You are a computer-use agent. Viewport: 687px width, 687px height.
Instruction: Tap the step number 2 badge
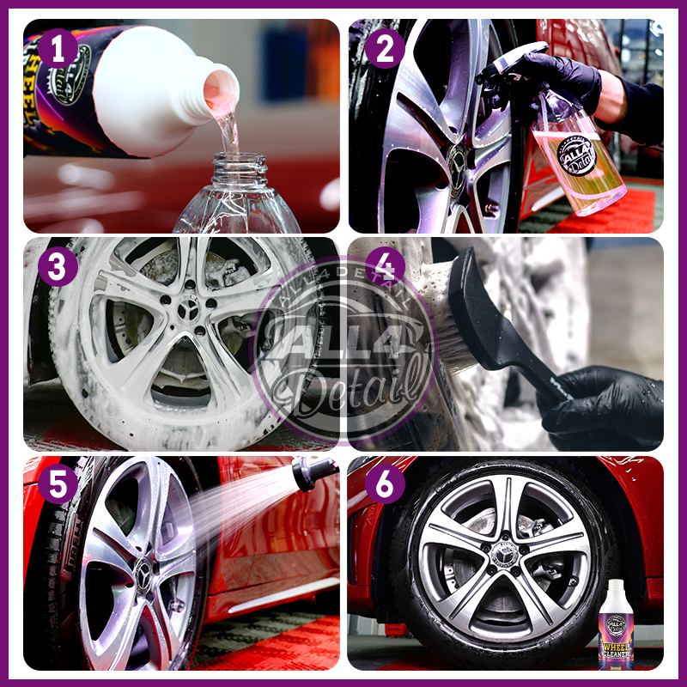click(x=385, y=49)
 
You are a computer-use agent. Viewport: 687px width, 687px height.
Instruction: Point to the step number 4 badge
click(x=385, y=267)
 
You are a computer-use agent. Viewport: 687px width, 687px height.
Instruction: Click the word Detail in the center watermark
click(x=361, y=382)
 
